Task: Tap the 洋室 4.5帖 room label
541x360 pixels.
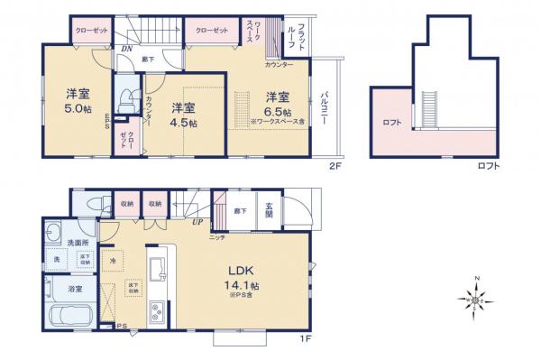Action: (184, 115)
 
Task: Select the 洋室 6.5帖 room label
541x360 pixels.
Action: (276, 103)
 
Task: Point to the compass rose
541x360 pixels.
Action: (478, 298)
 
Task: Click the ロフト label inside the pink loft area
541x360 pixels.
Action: (391, 122)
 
